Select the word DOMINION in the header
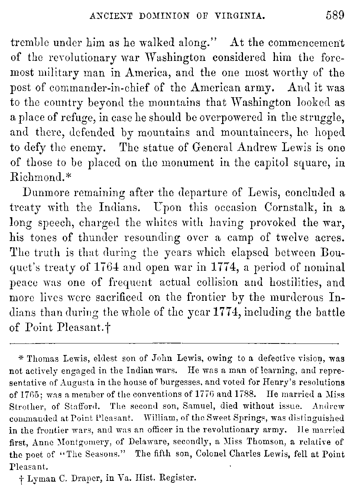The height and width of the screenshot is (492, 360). pos(168,16)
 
